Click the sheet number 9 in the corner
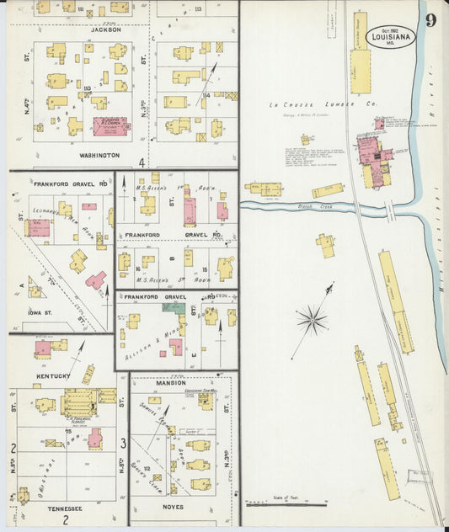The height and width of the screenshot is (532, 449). [430, 20]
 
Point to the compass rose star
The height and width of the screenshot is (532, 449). [312, 319]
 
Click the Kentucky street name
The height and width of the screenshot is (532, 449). [51, 375]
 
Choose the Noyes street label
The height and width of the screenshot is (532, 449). [171, 508]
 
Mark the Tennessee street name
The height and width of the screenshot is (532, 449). [59, 508]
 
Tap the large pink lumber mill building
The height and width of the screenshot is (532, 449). [368, 152]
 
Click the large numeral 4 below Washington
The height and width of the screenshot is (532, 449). [142, 162]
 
